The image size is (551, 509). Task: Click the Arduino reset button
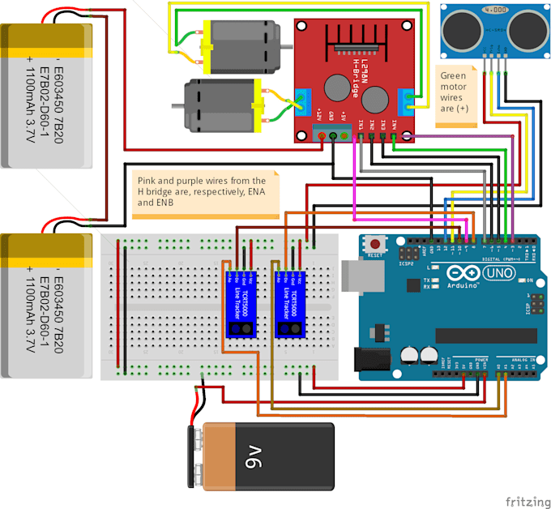click(x=374, y=243)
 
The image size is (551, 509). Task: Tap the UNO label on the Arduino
click(x=493, y=275)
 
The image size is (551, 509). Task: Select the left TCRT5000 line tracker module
click(x=241, y=302)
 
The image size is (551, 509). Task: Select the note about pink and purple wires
click(x=203, y=193)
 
